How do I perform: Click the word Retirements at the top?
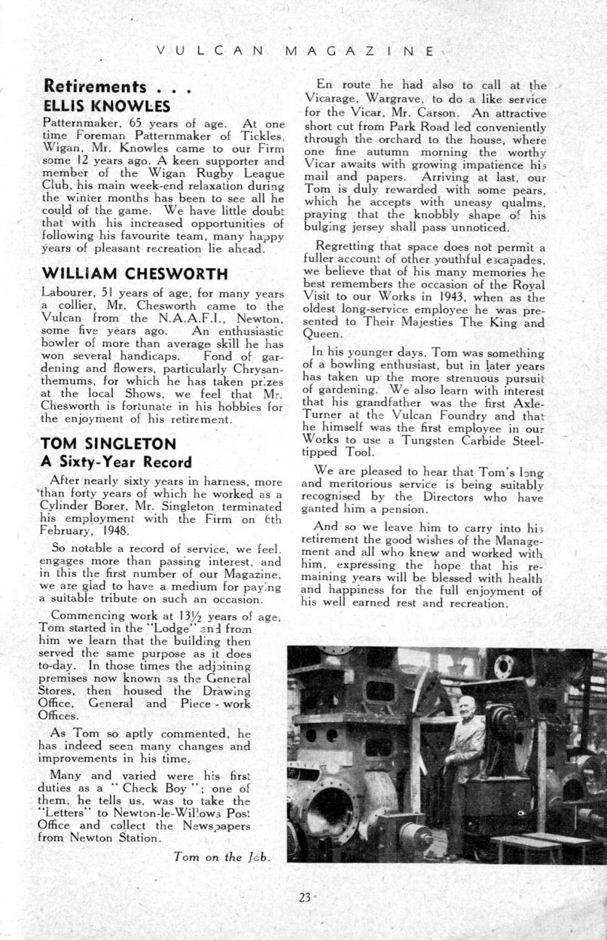pos(95,86)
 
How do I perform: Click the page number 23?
pos(304,897)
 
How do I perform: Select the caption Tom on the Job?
pos(221,856)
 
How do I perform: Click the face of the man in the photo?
pos(467,706)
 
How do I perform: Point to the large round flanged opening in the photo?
pos(332,810)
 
